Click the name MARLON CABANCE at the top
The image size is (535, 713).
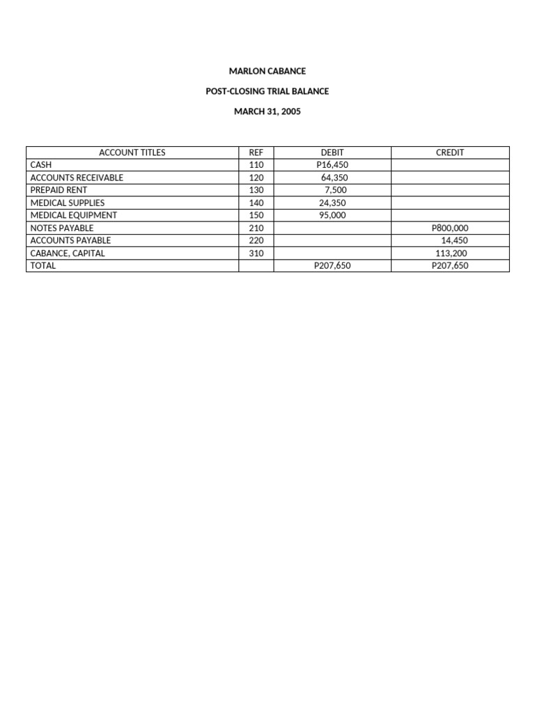(x=267, y=71)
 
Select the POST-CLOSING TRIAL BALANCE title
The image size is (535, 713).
(x=267, y=91)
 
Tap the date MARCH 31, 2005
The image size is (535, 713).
(x=267, y=111)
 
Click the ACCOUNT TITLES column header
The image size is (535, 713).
(x=132, y=152)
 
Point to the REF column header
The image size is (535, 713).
(x=256, y=152)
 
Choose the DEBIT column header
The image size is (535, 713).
(x=332, y=152)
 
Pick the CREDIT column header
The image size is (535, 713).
(x=450, y=152)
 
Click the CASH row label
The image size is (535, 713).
(x=41, y=165)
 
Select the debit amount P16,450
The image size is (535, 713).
(x=332, y=165)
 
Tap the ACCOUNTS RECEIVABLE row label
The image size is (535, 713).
(x=77, y=178)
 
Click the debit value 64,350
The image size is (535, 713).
(x=334, y=178)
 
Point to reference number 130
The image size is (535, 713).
(x=256, y=190)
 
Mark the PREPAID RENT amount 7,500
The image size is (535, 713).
(x=336, y=190)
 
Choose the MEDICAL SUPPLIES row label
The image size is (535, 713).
(x=68, y=203)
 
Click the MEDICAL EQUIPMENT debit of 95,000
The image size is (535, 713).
(x=332, y=215)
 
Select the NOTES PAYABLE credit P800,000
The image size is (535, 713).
(x=450, y=228)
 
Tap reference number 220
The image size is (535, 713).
(x=256, y=240)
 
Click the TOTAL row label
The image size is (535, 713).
(x=43, y=265)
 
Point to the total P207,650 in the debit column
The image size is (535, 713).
(x=332, y=265)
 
